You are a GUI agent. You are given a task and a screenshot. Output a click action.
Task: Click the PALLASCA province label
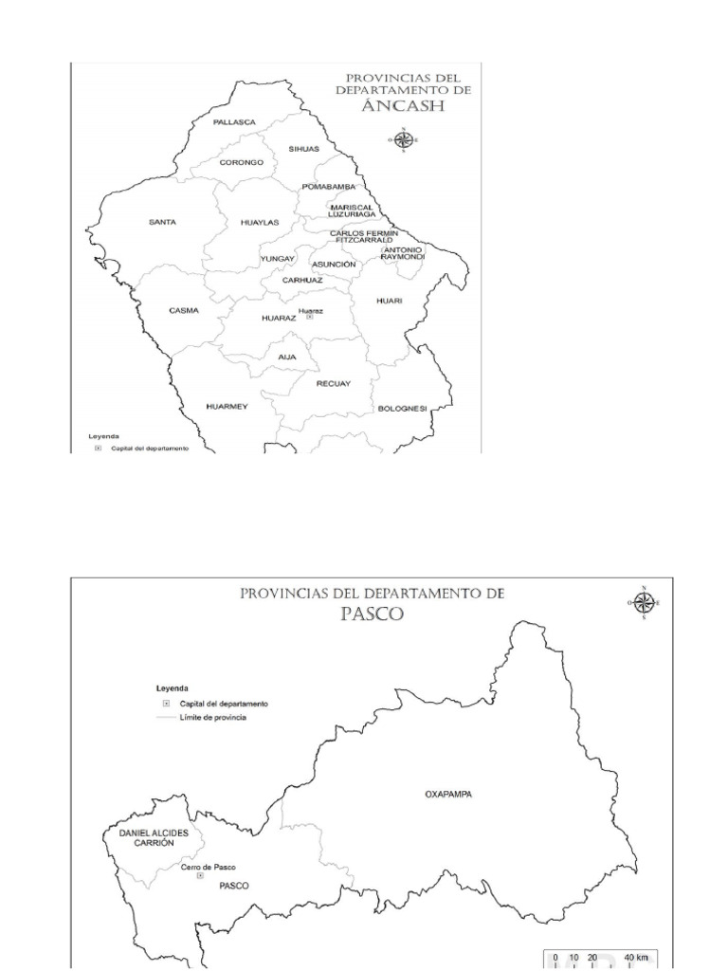click(234, 122)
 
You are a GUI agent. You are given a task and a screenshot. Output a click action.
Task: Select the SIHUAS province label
click(304, 149)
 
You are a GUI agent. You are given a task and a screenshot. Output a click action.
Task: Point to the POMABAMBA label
click(328, 187)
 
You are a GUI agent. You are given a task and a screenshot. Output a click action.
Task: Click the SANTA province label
click(163, 222)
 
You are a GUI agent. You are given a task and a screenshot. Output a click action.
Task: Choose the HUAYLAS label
click(259, 222)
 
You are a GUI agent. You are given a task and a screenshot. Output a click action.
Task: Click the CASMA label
click(184, 310)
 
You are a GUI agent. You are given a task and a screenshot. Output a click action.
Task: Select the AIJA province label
click(287, 357)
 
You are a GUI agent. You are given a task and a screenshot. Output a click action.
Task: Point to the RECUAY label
click(334, 383)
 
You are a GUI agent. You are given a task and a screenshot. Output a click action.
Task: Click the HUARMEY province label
click(227, 406)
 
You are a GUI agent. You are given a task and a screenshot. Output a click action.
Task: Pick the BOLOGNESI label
click(403, 408)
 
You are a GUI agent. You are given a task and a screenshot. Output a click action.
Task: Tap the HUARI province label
click(390, 301)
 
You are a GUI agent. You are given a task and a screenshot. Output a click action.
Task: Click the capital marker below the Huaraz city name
click(310, 318)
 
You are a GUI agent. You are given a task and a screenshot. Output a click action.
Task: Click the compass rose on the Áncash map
click(405, 139)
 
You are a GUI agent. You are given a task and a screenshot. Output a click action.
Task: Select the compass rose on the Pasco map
click(644, 603)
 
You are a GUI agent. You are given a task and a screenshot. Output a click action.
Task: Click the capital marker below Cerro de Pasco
click(199, 877)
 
